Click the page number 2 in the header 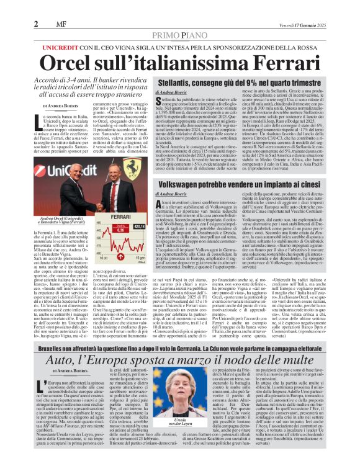11,7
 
